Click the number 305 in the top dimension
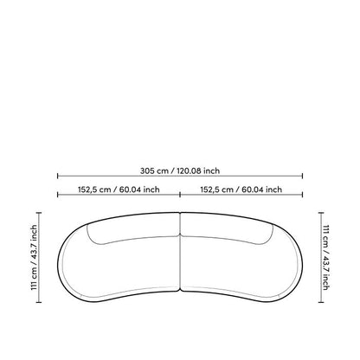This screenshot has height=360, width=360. pyautogui.click(x=147, y=170)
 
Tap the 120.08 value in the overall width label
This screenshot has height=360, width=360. pyautogui.click(x=189, y=170)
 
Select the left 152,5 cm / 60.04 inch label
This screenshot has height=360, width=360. pyautogui.click(x=119, y=190)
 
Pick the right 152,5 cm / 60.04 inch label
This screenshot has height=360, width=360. pyautogui.click(x=241, y=190)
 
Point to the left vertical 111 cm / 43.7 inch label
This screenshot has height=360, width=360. pyautogui.click(x=34, y=257)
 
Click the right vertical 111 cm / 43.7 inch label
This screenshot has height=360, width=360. pyautogui.click(x=325, y=257)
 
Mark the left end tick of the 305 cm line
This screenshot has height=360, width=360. pyautogui.click(x=58, y=176)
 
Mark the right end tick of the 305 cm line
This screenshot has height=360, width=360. pyautogui.click(x=302, y=176)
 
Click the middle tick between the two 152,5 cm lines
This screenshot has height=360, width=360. pyautogui.click(x=180, y=195)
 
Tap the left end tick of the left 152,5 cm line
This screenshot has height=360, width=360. pyautogui.click(x=58, y=195)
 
